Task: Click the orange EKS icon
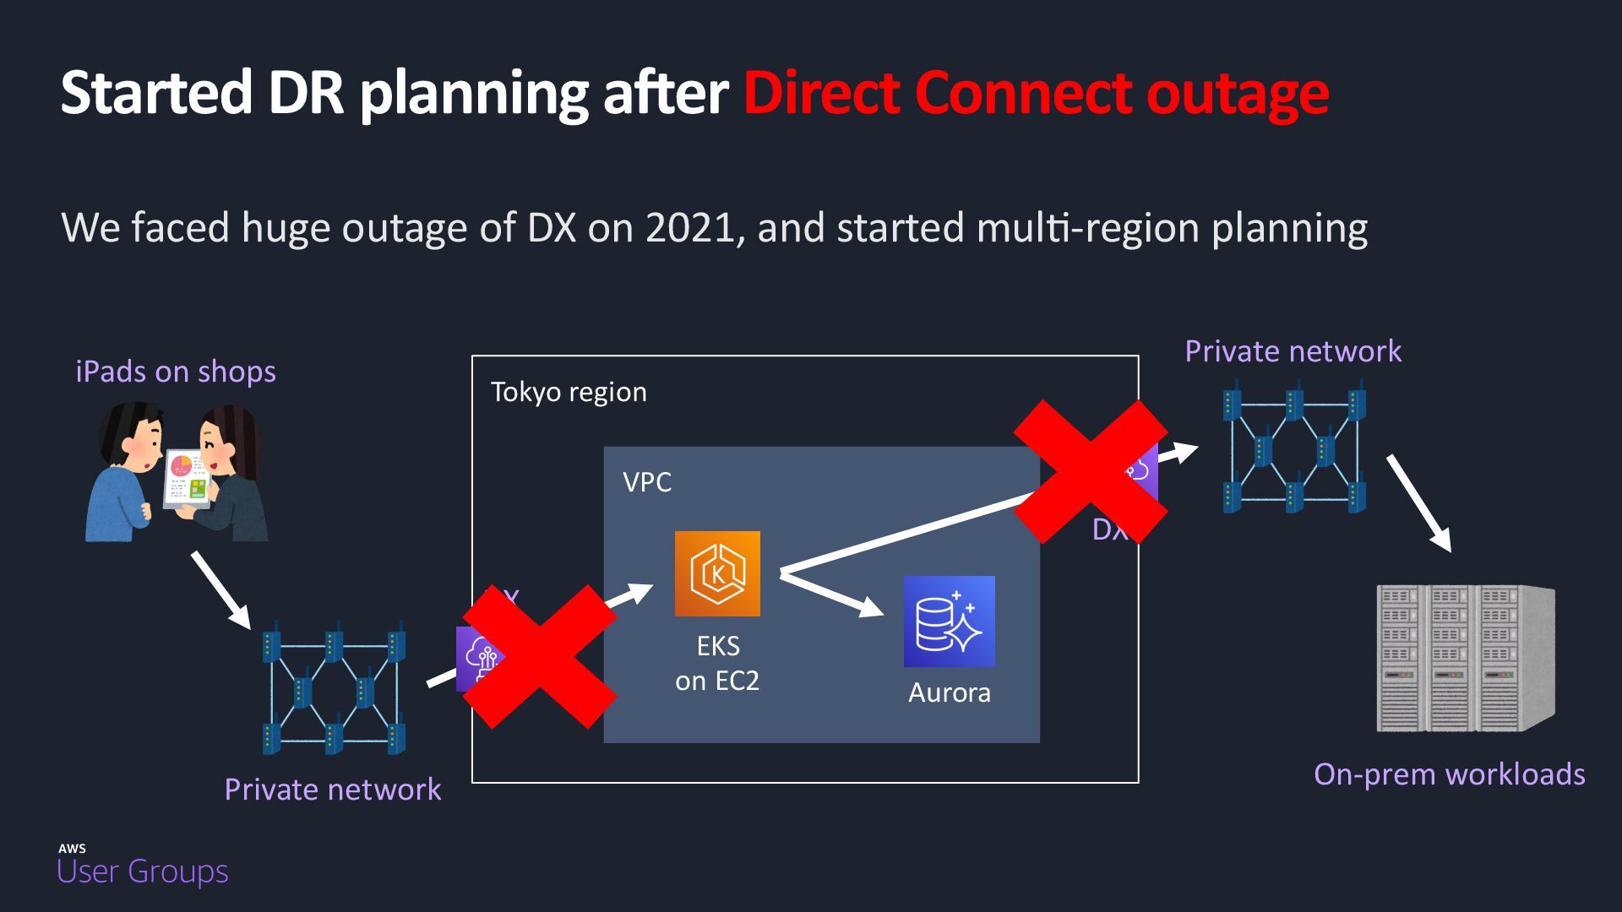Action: pos(717,573)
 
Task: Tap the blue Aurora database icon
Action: pos(949,622)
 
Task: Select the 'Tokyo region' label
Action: pos(569,392)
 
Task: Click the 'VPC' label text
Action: pos(647,482)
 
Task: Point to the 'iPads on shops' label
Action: pos(176,372)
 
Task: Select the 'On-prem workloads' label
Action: pos(1449,774)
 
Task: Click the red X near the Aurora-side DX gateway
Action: pos(1091,471)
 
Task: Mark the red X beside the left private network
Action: pos(540,656)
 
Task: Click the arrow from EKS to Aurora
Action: pos(832,594)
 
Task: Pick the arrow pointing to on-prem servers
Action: pos(1419,503)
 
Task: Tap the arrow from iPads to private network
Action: pos(221,590)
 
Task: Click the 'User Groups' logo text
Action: pos(143,871)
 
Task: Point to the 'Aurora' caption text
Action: pos(949,692)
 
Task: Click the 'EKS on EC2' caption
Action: pos(717,663)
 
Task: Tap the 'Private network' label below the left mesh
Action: pos(332,790)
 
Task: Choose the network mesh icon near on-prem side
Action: pos(1294,447)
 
